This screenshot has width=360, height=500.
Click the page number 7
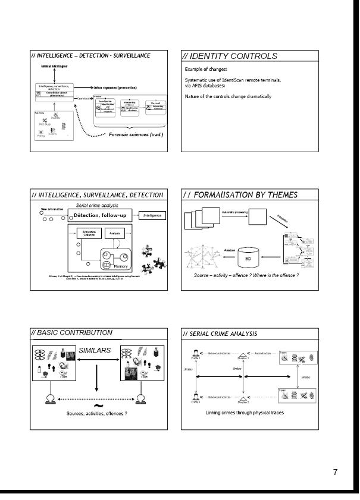click(335, 472)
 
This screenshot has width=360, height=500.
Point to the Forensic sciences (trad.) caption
click(140, 134)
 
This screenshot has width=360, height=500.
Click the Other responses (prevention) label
click(116, 87)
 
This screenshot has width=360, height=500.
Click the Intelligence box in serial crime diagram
click(153, 215)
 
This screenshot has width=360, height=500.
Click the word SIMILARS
click(95, 350)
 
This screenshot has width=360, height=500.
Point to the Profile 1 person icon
click(195, 353)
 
